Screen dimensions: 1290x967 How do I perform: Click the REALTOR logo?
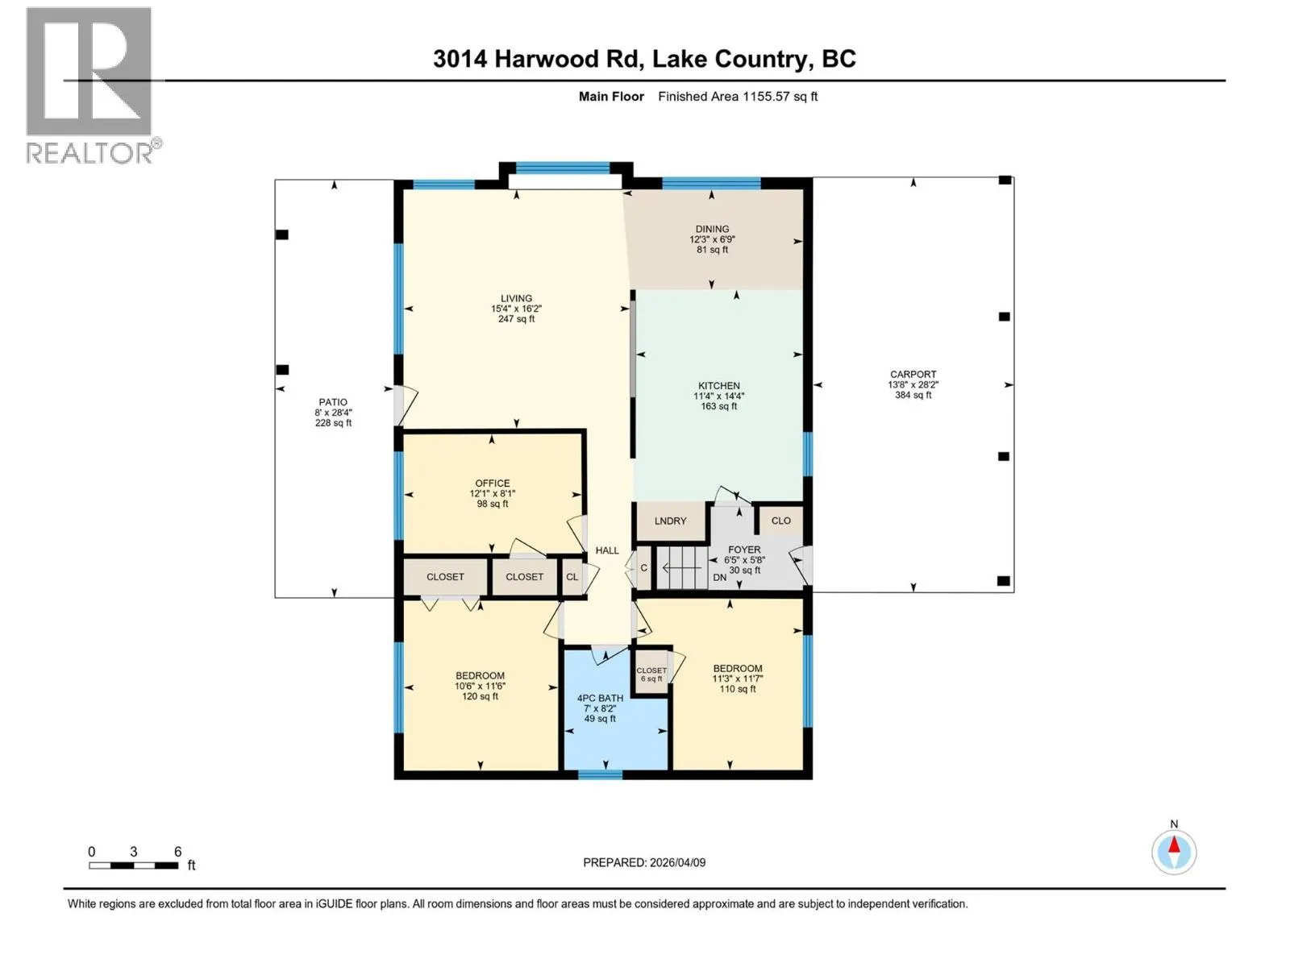[93, 85]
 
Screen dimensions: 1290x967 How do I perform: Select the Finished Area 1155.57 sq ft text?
[737, 96]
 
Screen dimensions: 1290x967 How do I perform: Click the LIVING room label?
[516, 298]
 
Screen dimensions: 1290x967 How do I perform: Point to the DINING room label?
[712, 229]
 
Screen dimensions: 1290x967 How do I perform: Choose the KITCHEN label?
[718, 386]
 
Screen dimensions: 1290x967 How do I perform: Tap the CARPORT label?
[913, 374]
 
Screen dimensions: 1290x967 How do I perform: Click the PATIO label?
[333, 402]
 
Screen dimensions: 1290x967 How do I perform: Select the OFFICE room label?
[493, 483]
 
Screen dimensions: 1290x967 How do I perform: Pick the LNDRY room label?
[670, 521]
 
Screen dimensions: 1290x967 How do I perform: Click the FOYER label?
[744, 550]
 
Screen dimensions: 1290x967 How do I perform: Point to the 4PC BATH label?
[600, 698]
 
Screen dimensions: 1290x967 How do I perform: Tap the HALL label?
[607, 550]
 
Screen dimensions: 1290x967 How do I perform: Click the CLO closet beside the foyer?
[780, 521]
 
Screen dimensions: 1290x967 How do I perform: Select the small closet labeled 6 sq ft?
[651, 673]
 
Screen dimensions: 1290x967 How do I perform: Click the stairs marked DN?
[682, 567]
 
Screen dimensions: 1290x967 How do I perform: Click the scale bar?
[133, 865]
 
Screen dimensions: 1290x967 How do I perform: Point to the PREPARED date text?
[644, 862]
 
